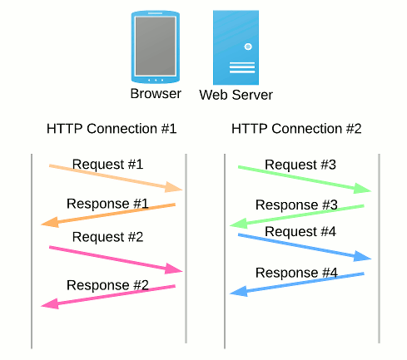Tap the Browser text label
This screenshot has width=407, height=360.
[156, 93]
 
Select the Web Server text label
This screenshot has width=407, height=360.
[236, 95]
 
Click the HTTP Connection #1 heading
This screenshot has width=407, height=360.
[112, 129]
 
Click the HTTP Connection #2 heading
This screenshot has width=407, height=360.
[296, 129]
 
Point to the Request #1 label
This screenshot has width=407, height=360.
[108, 164]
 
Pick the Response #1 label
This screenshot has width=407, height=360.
[107, 203]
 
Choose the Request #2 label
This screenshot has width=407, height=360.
[108, 237]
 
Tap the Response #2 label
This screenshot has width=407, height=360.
[107, 284]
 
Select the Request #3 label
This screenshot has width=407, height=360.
[300, 165]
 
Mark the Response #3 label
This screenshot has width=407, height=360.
[296, 205]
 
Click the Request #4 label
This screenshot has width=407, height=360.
[300, 231]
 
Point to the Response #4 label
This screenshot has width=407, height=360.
[296, 273]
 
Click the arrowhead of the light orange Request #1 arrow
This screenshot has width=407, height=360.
[175, 188]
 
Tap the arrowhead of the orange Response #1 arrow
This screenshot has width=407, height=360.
[49, 222]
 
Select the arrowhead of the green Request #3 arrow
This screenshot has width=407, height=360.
[363, 191]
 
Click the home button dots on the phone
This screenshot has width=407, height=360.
[155, 80]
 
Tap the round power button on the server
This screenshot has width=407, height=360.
[247, 47]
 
